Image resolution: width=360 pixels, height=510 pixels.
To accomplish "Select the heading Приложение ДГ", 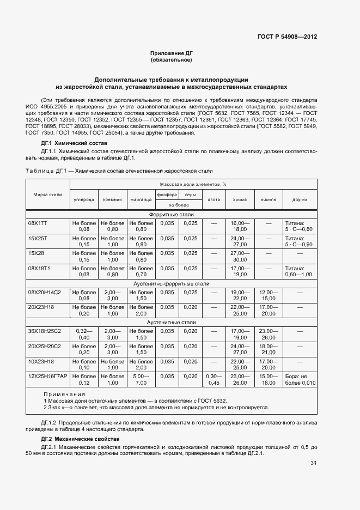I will click(171, 53).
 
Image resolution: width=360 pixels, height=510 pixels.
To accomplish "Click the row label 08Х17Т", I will click(38, 223).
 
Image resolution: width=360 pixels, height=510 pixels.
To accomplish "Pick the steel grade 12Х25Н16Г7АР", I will click(47, 376).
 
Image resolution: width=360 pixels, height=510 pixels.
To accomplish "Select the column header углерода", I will click(84, 200).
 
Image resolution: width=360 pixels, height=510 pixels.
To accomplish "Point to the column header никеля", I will click(268, 200).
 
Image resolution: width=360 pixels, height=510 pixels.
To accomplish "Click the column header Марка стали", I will click(47, 195).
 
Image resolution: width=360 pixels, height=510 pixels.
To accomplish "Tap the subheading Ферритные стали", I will click(171, 215).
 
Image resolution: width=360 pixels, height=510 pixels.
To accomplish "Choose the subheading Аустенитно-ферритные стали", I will click(171, 284).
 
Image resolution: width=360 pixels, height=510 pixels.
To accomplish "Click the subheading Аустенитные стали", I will click(171, 323).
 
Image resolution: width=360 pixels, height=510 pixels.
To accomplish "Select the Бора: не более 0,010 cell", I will click(300, 379).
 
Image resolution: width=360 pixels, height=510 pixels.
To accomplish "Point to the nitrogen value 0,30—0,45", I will click(214, 379).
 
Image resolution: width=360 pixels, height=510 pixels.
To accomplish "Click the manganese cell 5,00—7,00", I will click(141, 379).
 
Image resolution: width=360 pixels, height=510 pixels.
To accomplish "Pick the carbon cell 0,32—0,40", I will click(84, 334).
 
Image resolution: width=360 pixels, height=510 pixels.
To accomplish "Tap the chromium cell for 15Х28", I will click(240, 257).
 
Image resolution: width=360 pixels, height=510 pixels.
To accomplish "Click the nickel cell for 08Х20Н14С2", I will click(268, 295).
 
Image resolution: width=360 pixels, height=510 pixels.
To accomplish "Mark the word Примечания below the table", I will click(60, 394).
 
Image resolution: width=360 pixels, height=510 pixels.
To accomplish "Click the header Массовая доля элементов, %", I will click(193, 185).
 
